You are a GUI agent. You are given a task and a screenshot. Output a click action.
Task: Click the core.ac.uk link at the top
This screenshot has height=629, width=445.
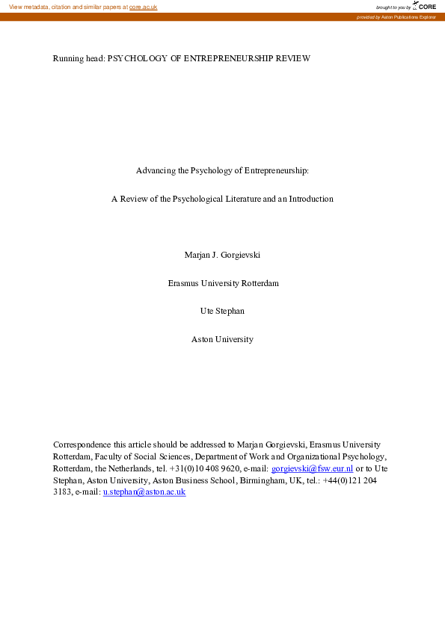(x=143, y=7)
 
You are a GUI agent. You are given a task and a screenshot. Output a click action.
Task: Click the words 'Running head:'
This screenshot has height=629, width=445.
(x=79, y=58)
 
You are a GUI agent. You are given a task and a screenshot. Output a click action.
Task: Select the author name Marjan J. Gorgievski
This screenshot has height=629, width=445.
(x=222, y=255)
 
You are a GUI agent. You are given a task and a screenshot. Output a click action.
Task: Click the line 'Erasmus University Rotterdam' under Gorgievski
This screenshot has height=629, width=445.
(x=222, y=283)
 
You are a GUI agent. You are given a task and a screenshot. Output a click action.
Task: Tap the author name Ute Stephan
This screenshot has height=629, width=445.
(x=222, y=311)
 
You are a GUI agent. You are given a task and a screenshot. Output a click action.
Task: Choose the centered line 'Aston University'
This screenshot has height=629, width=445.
(x=222, y=339)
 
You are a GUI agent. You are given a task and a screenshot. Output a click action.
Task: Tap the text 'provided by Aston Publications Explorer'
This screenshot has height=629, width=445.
(x=396, y=16)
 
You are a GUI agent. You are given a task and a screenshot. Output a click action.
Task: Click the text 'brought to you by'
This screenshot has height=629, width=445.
(x=393, y=7)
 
